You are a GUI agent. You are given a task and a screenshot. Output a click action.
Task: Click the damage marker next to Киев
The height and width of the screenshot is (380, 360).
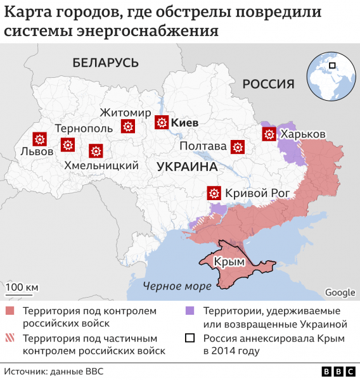point(161,122)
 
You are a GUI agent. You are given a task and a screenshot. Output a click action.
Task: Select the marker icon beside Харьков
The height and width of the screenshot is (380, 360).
point(269,134)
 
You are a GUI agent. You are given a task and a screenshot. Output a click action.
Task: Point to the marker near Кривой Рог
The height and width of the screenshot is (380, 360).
point(214,193)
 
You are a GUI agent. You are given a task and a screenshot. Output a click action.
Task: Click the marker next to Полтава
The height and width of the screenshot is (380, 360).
point(238,147)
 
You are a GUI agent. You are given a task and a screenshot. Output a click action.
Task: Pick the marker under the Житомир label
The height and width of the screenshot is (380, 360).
point(128,126)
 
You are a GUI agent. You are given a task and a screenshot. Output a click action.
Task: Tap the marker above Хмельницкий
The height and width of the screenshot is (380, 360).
point(96,151)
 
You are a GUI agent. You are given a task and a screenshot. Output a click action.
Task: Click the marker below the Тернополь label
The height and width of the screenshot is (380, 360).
point(67,145)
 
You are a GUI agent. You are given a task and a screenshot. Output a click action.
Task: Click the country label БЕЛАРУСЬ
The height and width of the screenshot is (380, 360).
point(105,62)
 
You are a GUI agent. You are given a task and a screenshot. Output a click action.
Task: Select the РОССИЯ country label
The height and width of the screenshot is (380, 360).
point(269,84)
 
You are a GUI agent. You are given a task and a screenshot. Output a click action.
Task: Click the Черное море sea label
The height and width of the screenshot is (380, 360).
point(177,286)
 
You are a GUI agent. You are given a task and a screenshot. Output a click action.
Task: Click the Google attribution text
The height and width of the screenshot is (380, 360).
point(340,292)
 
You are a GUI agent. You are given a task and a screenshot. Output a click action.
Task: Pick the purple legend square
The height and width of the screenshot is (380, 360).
point(190,311)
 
